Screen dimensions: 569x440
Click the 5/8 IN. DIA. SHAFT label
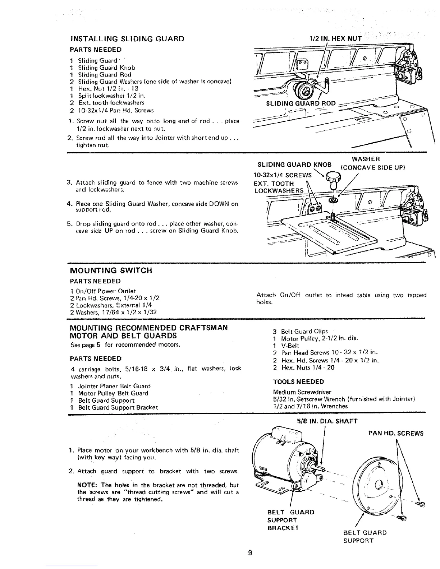point(326,421)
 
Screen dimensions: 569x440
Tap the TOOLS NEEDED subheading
point(298,381)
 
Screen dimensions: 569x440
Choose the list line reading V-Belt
point(287,346)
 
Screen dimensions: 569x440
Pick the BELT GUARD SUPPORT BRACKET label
point(291,520)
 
